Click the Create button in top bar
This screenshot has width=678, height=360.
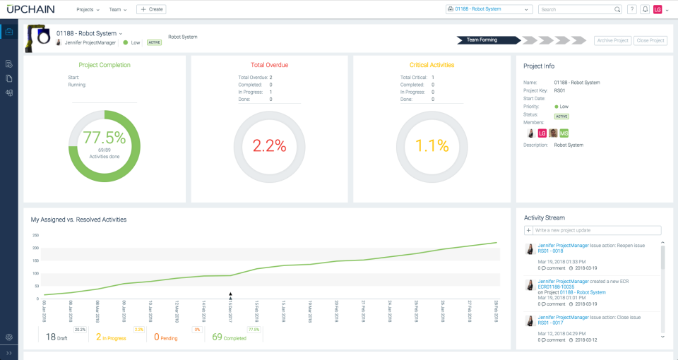pos(151,9)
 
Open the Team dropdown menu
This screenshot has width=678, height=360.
pos(117,10)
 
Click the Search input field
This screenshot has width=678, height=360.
pos(576,10)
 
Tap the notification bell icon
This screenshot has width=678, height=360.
pos(645,10)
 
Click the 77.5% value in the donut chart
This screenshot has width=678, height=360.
pos(104,138)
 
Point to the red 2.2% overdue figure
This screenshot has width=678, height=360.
pos(269,146)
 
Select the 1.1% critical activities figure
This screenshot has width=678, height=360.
pos(432,146)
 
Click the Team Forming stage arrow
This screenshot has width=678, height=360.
pos(484,40)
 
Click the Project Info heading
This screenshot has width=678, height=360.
pos(538,66)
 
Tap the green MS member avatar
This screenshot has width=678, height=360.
pos(564,133)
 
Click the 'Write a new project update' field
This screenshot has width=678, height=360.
pos(597,230)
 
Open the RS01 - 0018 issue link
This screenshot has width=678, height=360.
pos(550,251)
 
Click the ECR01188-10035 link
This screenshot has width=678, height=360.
pos(557,287)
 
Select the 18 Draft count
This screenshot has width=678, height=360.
pos(52,337)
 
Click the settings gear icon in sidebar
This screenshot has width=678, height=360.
pos(9,337)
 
